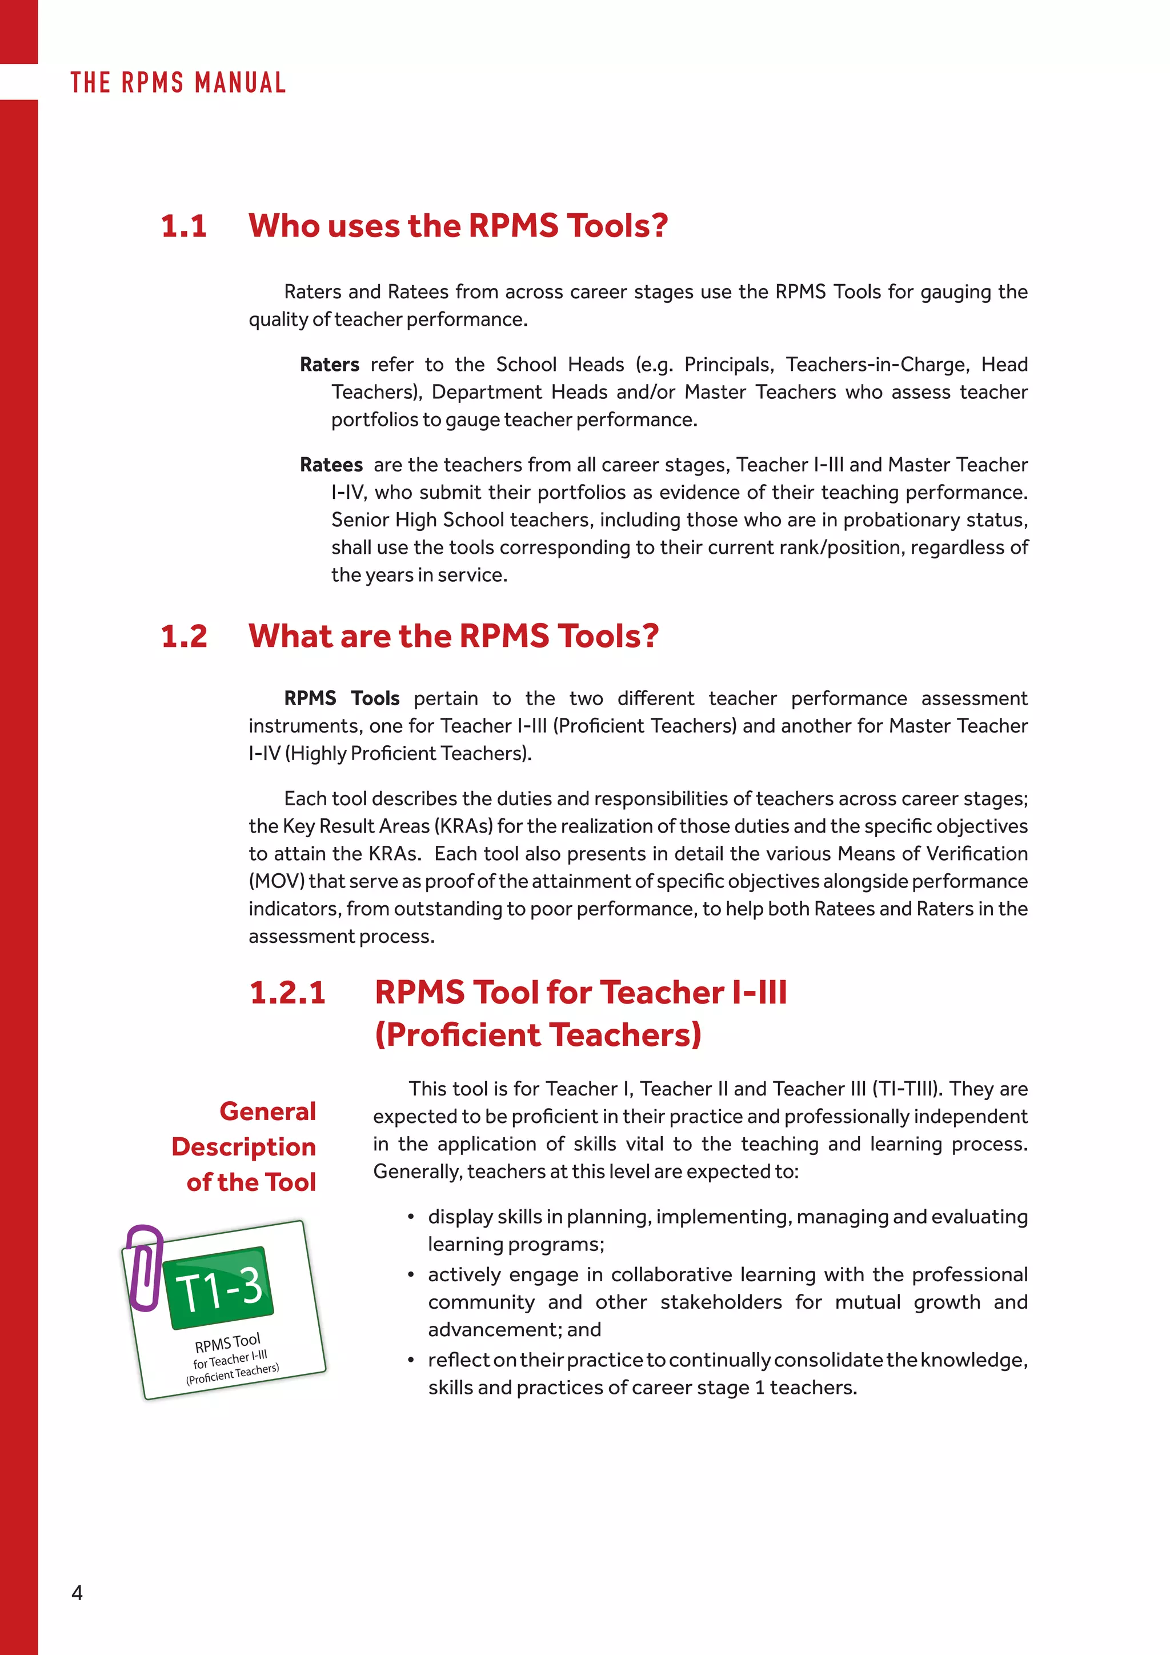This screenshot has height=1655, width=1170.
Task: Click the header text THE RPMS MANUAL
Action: [178, 83]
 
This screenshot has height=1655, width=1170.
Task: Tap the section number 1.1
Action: [184, 226]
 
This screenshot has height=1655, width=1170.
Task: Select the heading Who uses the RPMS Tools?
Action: [458, 226]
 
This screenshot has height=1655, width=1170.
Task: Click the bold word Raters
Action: [329, 365]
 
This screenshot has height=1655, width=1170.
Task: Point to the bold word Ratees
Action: [331, 465]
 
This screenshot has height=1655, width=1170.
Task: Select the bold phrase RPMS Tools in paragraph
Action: [342, 698]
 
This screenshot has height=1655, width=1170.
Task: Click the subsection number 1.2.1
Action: [287, 993]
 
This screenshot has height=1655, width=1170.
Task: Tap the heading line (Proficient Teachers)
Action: [538, 1035]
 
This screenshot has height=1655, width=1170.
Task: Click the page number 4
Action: [77, 1593]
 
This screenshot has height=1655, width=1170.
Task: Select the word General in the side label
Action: [267, 1112]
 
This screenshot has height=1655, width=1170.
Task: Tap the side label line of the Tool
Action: [251, 1182]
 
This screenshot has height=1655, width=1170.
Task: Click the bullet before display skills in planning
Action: [411, 1217]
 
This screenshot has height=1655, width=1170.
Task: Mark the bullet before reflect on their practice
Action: [411, 1360]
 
